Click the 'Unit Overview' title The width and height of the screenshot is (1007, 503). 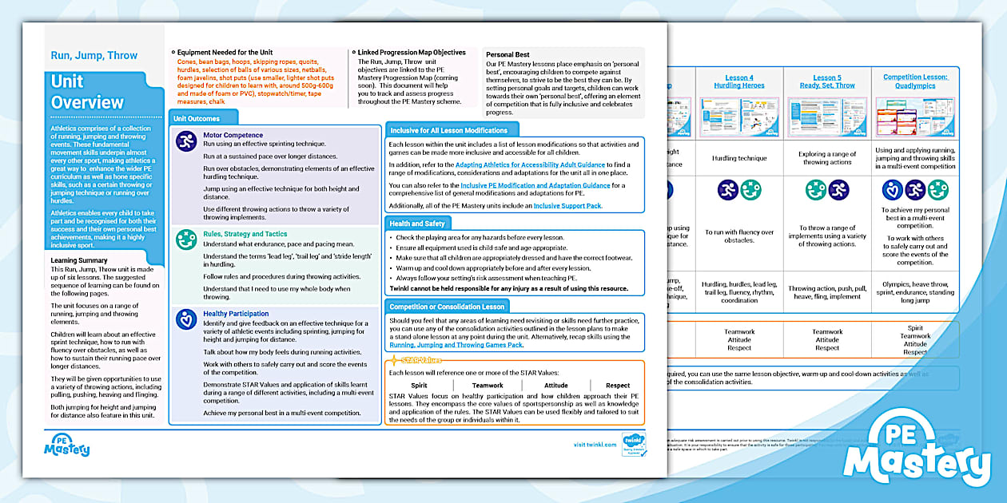point(87,92)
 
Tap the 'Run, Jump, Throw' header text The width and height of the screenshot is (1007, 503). point(94,56)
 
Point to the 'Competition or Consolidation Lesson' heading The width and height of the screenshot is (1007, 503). point(447,307)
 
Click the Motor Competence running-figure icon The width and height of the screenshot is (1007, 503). point(186,142)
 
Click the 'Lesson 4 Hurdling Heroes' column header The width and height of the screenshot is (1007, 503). point(739,81)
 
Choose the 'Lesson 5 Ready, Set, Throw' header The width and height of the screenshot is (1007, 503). point(827,81)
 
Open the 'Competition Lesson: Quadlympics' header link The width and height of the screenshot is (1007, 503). point(915,81)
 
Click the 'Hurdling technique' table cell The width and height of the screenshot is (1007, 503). point(739,158)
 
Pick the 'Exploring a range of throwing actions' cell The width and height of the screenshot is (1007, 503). point(827,158)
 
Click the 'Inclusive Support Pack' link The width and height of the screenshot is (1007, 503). point(567,206)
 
